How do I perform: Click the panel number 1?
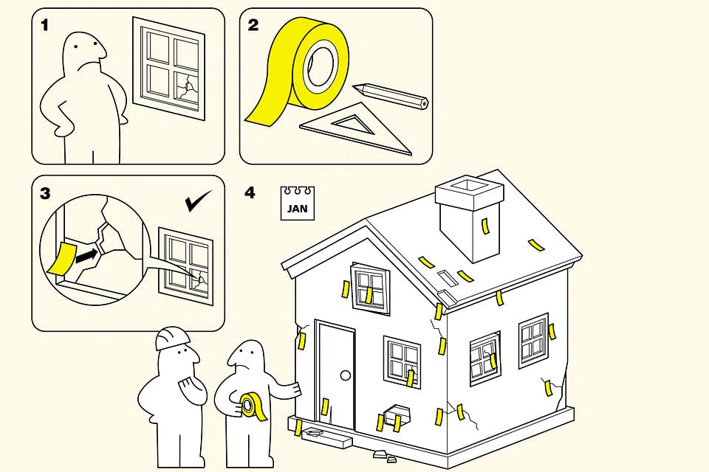pos(44,25)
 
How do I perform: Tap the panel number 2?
pos(253,25)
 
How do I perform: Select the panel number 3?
pos(45,194)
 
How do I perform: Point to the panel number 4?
pos(250,193)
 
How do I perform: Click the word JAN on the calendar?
pos(297,208)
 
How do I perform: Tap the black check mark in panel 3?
pos(198,201)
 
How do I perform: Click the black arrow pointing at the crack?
pos(86,256)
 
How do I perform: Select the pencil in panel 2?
pos(390,95)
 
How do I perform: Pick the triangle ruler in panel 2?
pos(356,128)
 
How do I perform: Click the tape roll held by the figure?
pos(251,406)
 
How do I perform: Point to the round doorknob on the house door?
pos(346,375)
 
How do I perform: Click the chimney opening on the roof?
pos(470,185)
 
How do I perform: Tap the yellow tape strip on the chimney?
pos(485,226)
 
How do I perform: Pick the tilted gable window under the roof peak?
pos(370,288)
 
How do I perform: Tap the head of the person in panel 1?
pos(85,52)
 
